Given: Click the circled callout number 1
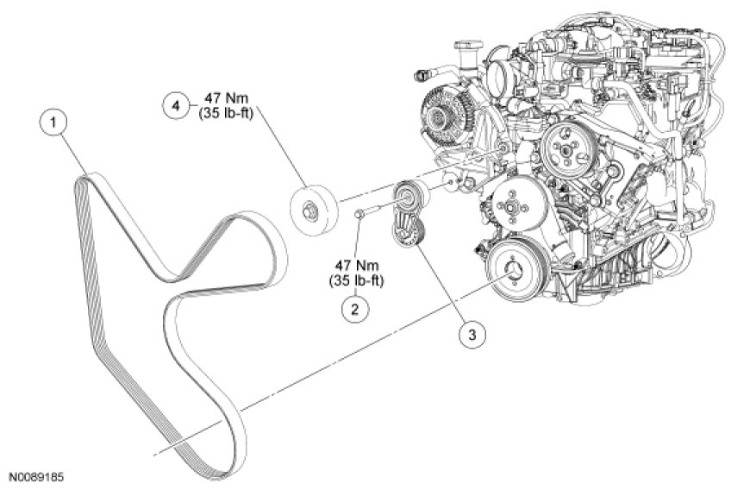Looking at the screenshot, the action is pyautogui.click(x=53, y=122).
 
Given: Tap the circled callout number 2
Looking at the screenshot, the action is pyautogui.click(x=355, y=309).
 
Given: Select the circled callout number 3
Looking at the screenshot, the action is pyautogui.click(x=472, y=335).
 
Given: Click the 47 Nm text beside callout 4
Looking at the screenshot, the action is pyautogui.click(x=227, y=98).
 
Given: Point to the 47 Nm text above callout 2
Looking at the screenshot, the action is pyautogui.click(x=357, y=265).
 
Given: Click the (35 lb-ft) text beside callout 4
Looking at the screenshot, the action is pyautogui.click(x=226, y=114).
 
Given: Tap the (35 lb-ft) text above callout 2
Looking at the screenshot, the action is pyautogui.click(x=356, y=281).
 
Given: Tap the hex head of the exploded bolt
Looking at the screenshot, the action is pyautogui.click(x=360, y=215).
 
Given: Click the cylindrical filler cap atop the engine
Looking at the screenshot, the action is pyautogui.click(x=465, y=52).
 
